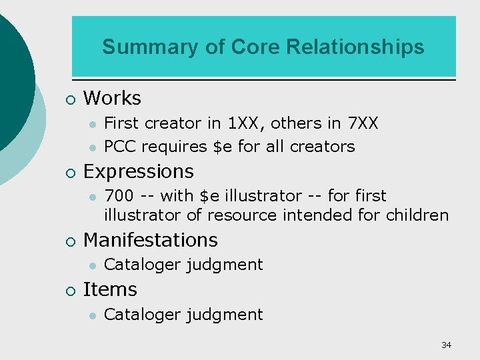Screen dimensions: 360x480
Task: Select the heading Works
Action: [x=112, y=99]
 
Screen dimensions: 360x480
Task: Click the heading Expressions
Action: [x=138, y=171]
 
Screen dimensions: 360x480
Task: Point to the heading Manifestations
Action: [x=151, y=240]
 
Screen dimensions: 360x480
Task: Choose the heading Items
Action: [x=110, y=289]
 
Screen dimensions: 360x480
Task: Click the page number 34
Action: [x=446, y=345]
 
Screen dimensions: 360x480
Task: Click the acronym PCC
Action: [x=121, y=146]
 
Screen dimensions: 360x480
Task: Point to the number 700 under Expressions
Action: [x=119, y=196]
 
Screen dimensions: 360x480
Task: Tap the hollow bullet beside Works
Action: [x=71, y=100]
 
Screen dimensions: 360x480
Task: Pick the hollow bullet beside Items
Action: [x=71, y=291]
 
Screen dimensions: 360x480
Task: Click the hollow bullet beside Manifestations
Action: [x=71, y=241]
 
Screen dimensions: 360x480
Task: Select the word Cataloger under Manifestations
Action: [x=143, y=265]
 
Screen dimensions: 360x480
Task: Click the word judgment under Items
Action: [x=225, y=315]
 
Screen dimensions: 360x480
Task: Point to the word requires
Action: [x=172, y=147]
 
